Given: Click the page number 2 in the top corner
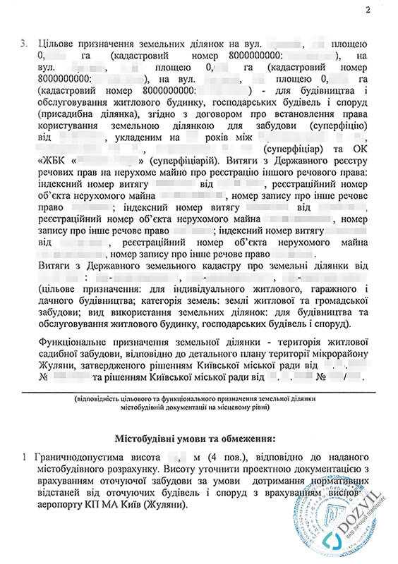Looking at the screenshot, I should coord(368,9).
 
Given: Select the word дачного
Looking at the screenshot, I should coord(54,300).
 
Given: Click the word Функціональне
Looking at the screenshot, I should coord(72,341).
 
